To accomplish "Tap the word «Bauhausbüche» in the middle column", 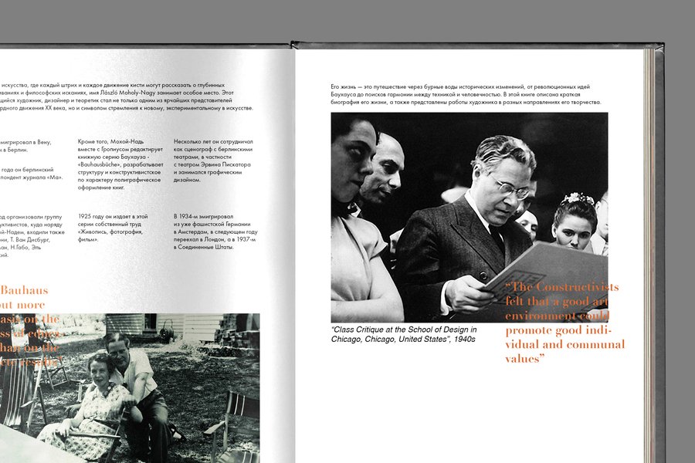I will pos(106,165).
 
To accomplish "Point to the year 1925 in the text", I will pos(86,216).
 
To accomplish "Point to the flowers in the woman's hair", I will pos(577,198).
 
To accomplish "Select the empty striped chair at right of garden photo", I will pos(236,421).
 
